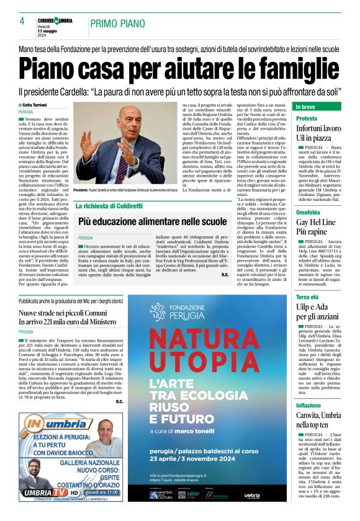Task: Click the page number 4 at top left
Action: point(22,21)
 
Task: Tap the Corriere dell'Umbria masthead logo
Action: point(56,20)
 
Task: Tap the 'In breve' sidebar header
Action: point(307,107)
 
